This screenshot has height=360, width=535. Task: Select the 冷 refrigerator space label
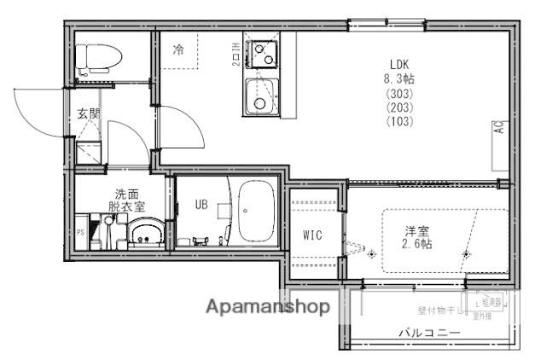pos(178,50)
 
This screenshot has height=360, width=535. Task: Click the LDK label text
pos(400,63)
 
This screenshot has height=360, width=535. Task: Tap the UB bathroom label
pos(201,204)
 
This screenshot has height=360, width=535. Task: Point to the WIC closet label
pos(312,235)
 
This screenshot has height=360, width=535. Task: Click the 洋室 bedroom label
pos(416,230)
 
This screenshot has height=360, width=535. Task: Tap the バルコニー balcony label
pos(430,333)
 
